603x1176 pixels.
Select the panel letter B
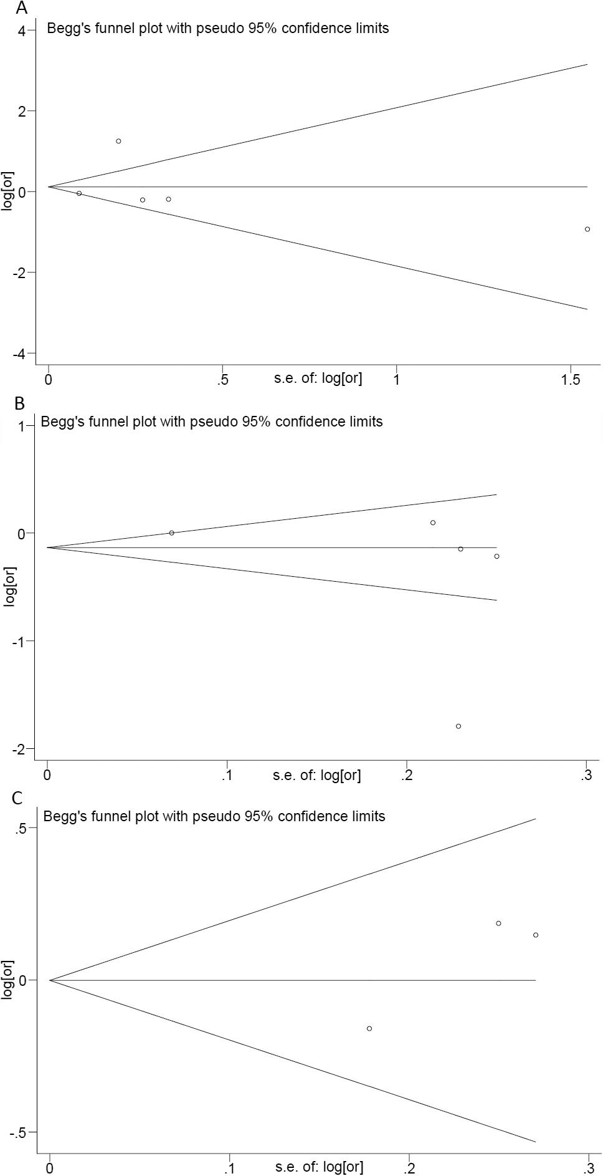(x=19, y=403)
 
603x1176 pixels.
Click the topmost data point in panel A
(x=118, y=141)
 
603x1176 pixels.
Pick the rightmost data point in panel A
(x=587, y=229)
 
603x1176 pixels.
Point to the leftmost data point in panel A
(x=79, y=193)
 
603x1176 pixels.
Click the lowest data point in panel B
(x=458, y=726)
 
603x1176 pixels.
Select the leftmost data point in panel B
(x=171, y=533)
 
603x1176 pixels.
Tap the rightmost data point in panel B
(x=496, y=556)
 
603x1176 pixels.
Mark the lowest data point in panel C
(x=369, y=1028)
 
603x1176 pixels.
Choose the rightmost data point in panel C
(x=536, y=935)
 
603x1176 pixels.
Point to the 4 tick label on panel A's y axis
(x=22, y=31)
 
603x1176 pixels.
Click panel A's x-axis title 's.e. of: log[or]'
(x=318, y=377)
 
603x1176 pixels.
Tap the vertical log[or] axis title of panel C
(x=8, y=980)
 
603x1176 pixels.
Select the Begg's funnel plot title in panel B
(x=212, y=422)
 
